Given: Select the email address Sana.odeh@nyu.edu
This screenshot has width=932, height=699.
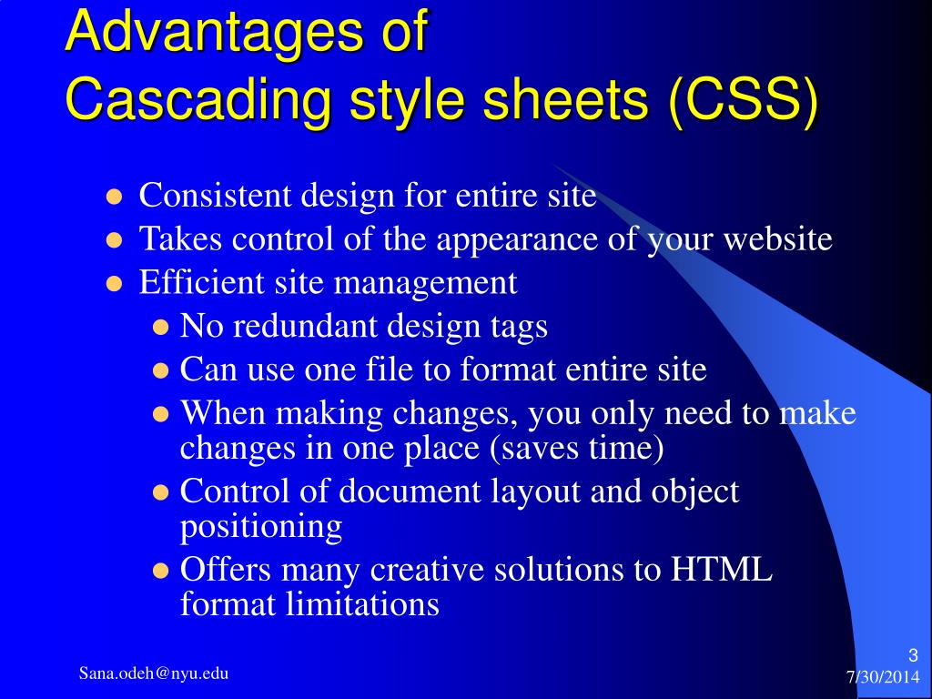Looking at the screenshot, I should pos(153,674).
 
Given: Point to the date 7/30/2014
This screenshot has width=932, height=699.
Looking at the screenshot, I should pos(882,677).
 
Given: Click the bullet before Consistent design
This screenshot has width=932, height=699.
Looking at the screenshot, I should pos(114,197).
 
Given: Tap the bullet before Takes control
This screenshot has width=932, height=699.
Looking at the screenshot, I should pos(114,240).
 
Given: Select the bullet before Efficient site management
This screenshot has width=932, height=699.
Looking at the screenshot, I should pos(114,283).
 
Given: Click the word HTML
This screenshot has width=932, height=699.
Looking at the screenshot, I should pos(721,570).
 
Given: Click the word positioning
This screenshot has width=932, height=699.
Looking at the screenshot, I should pos(260,526).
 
